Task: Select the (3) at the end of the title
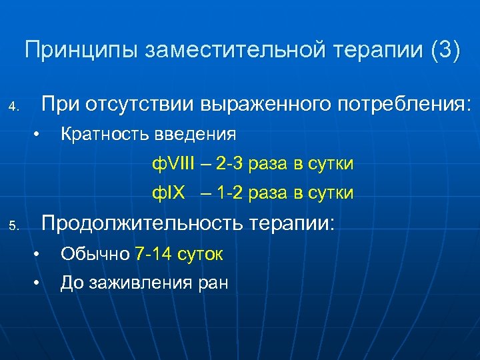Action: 445,50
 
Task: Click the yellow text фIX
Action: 167,193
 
